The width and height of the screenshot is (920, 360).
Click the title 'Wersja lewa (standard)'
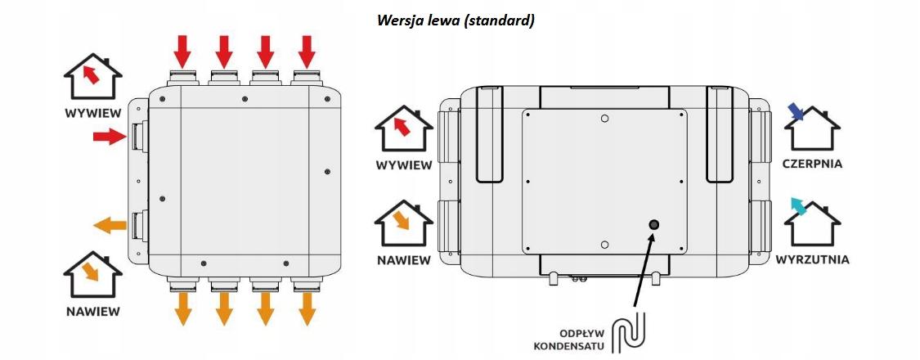coord(456,20)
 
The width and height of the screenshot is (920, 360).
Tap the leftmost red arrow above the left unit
coord(183,52)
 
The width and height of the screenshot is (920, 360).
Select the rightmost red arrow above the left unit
coord(307,52)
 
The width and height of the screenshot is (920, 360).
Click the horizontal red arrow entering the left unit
coord(110,137)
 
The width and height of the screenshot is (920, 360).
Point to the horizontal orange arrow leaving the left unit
coord(110,225)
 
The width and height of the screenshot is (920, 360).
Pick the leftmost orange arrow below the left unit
coord(183,309)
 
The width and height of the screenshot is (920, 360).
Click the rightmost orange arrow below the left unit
coord(307,309)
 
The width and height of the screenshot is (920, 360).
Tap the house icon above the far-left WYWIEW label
coord(92,76)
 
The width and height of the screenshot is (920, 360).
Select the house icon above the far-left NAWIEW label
coord(92,274)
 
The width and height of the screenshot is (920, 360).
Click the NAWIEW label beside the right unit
coord(404,259)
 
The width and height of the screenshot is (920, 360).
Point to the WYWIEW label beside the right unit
coord(404,165)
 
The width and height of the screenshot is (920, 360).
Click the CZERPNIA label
coord(813,164)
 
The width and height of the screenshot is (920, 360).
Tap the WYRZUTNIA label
coord(813,259)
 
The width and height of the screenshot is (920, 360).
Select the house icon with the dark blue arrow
coord(813,128)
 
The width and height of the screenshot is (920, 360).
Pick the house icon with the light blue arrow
coord(813,222)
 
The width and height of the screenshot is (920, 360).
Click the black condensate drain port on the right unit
coord(653,225)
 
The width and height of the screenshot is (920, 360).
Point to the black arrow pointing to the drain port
coord(643,270)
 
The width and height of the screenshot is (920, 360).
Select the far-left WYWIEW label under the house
coord(92,114)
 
